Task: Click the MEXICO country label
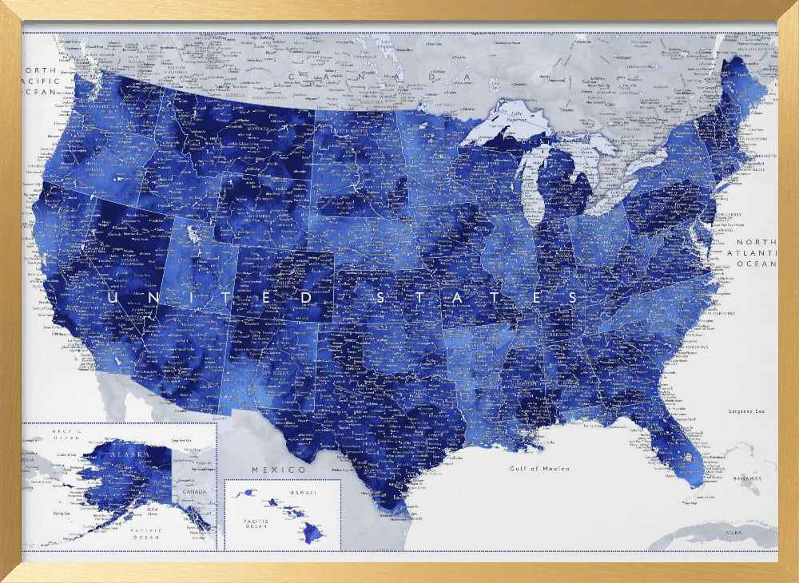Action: (x=279, y=469)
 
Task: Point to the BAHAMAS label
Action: (x=749, y=479)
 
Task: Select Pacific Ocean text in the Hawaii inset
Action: (x=256, y=523)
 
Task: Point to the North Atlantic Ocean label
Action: (x=756, y=252)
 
